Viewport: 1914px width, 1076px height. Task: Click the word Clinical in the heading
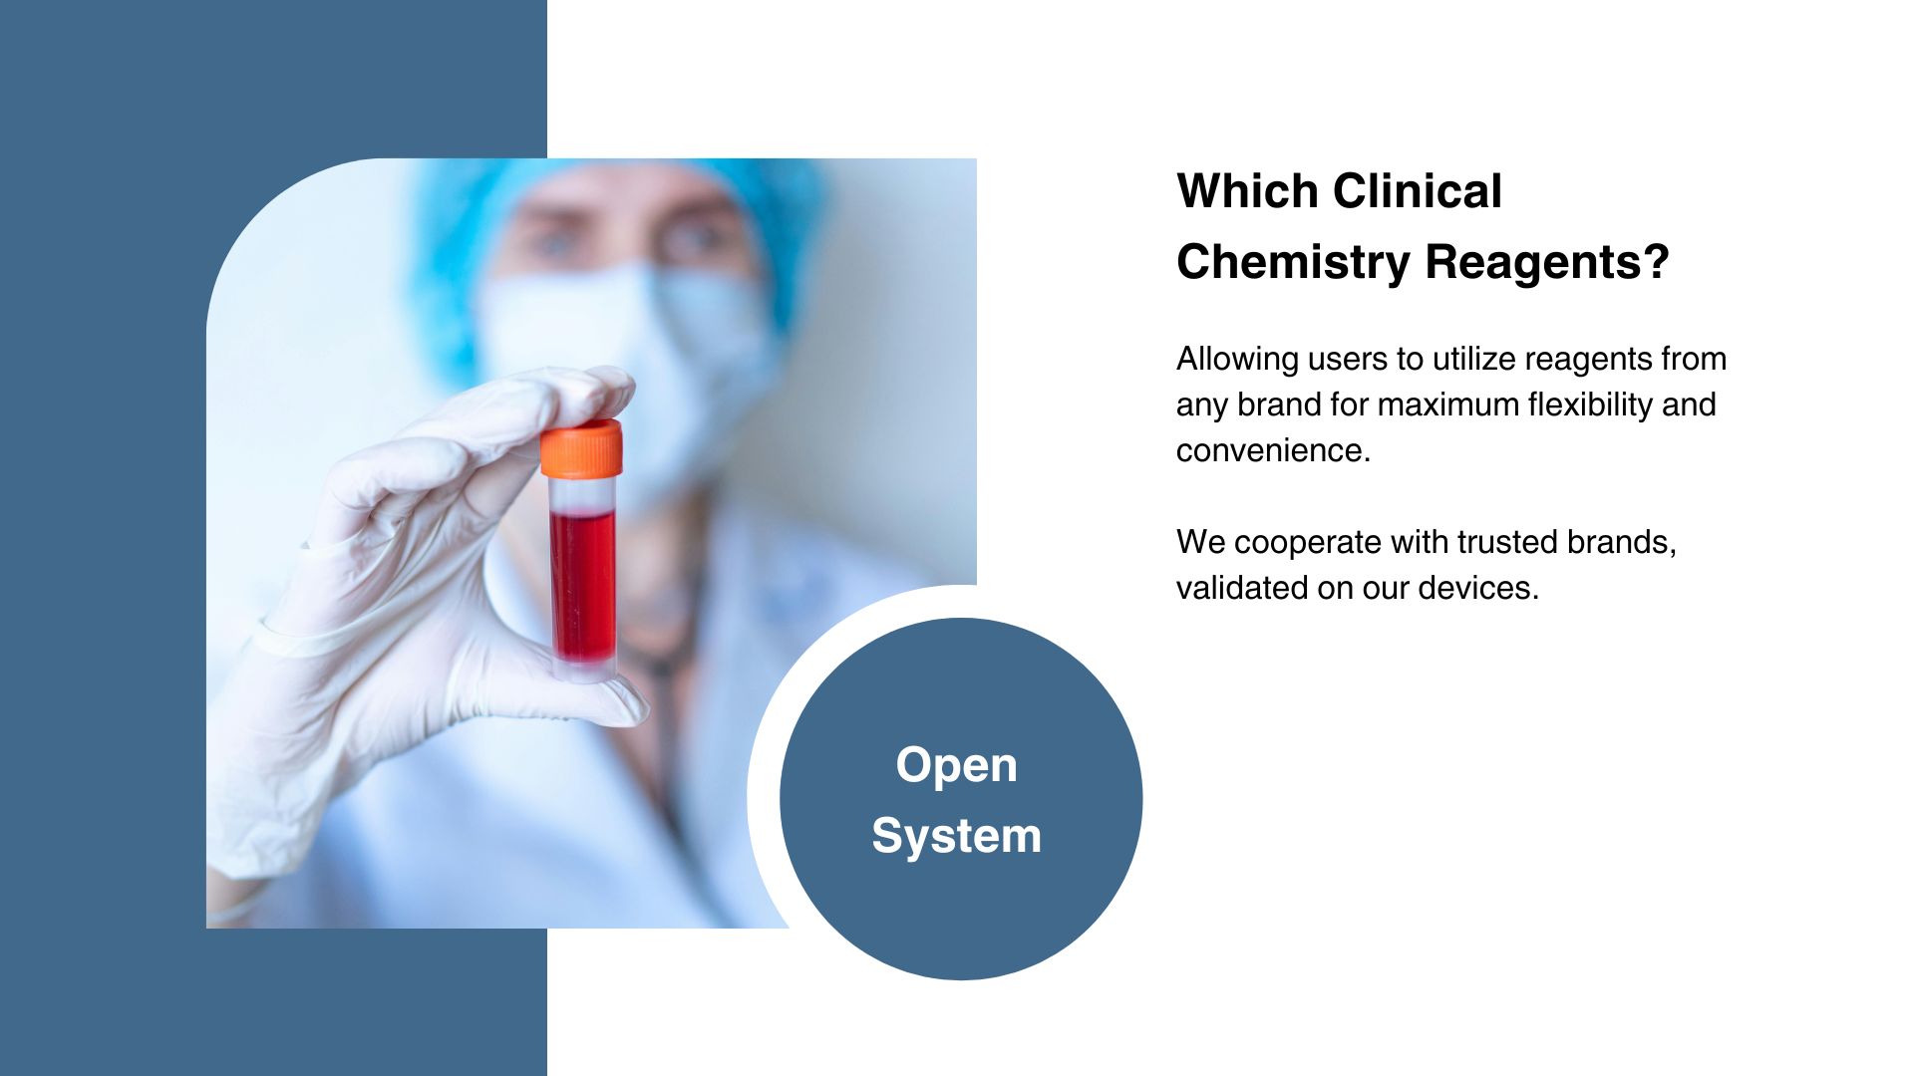[1417, 190]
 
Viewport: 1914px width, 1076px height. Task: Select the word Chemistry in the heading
[1294, 262]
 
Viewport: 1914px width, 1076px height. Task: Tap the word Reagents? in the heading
[1547, 262]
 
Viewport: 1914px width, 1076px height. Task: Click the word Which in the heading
[1247, 190]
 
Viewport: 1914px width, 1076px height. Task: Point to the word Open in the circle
[956, 766]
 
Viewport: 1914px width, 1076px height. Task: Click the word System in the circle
[956, 835]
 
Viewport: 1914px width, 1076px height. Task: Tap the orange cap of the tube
[582, 448]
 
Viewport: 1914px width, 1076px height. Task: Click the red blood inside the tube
[583, 586]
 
